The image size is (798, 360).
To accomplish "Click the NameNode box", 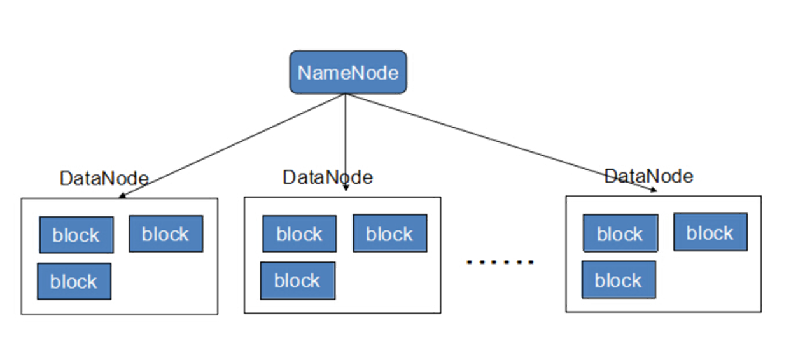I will click(x=348, y=73).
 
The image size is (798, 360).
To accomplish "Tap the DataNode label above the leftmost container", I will click(x=104, y=179).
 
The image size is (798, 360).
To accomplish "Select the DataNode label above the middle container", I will click(x=327, y=177).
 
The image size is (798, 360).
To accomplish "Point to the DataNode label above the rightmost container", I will click(x=648, y=176).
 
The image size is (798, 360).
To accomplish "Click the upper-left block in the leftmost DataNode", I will click(x=76, y=235).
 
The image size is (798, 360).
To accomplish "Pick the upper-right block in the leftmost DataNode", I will click(x=166, y=234).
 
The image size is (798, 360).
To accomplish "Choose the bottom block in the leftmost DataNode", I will click(x=74, y=281).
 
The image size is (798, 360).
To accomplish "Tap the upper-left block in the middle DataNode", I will click(x=300, y=234).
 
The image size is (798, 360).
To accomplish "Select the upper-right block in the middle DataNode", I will click(x=390, y=233).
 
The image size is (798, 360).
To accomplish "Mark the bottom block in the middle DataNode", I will click(x=297, y=280).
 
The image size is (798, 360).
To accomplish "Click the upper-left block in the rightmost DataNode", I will click(x=620, y=233).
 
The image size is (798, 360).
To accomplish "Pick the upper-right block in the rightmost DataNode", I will click(x=710, y=232).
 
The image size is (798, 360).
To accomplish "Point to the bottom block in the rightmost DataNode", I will click(x=619, y=280).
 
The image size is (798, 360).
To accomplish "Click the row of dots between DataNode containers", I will click(x=500, y=261).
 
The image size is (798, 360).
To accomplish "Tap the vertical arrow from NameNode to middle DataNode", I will click(x=346, y=140).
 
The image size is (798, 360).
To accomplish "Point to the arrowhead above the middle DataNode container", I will click(x=346, y=188).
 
